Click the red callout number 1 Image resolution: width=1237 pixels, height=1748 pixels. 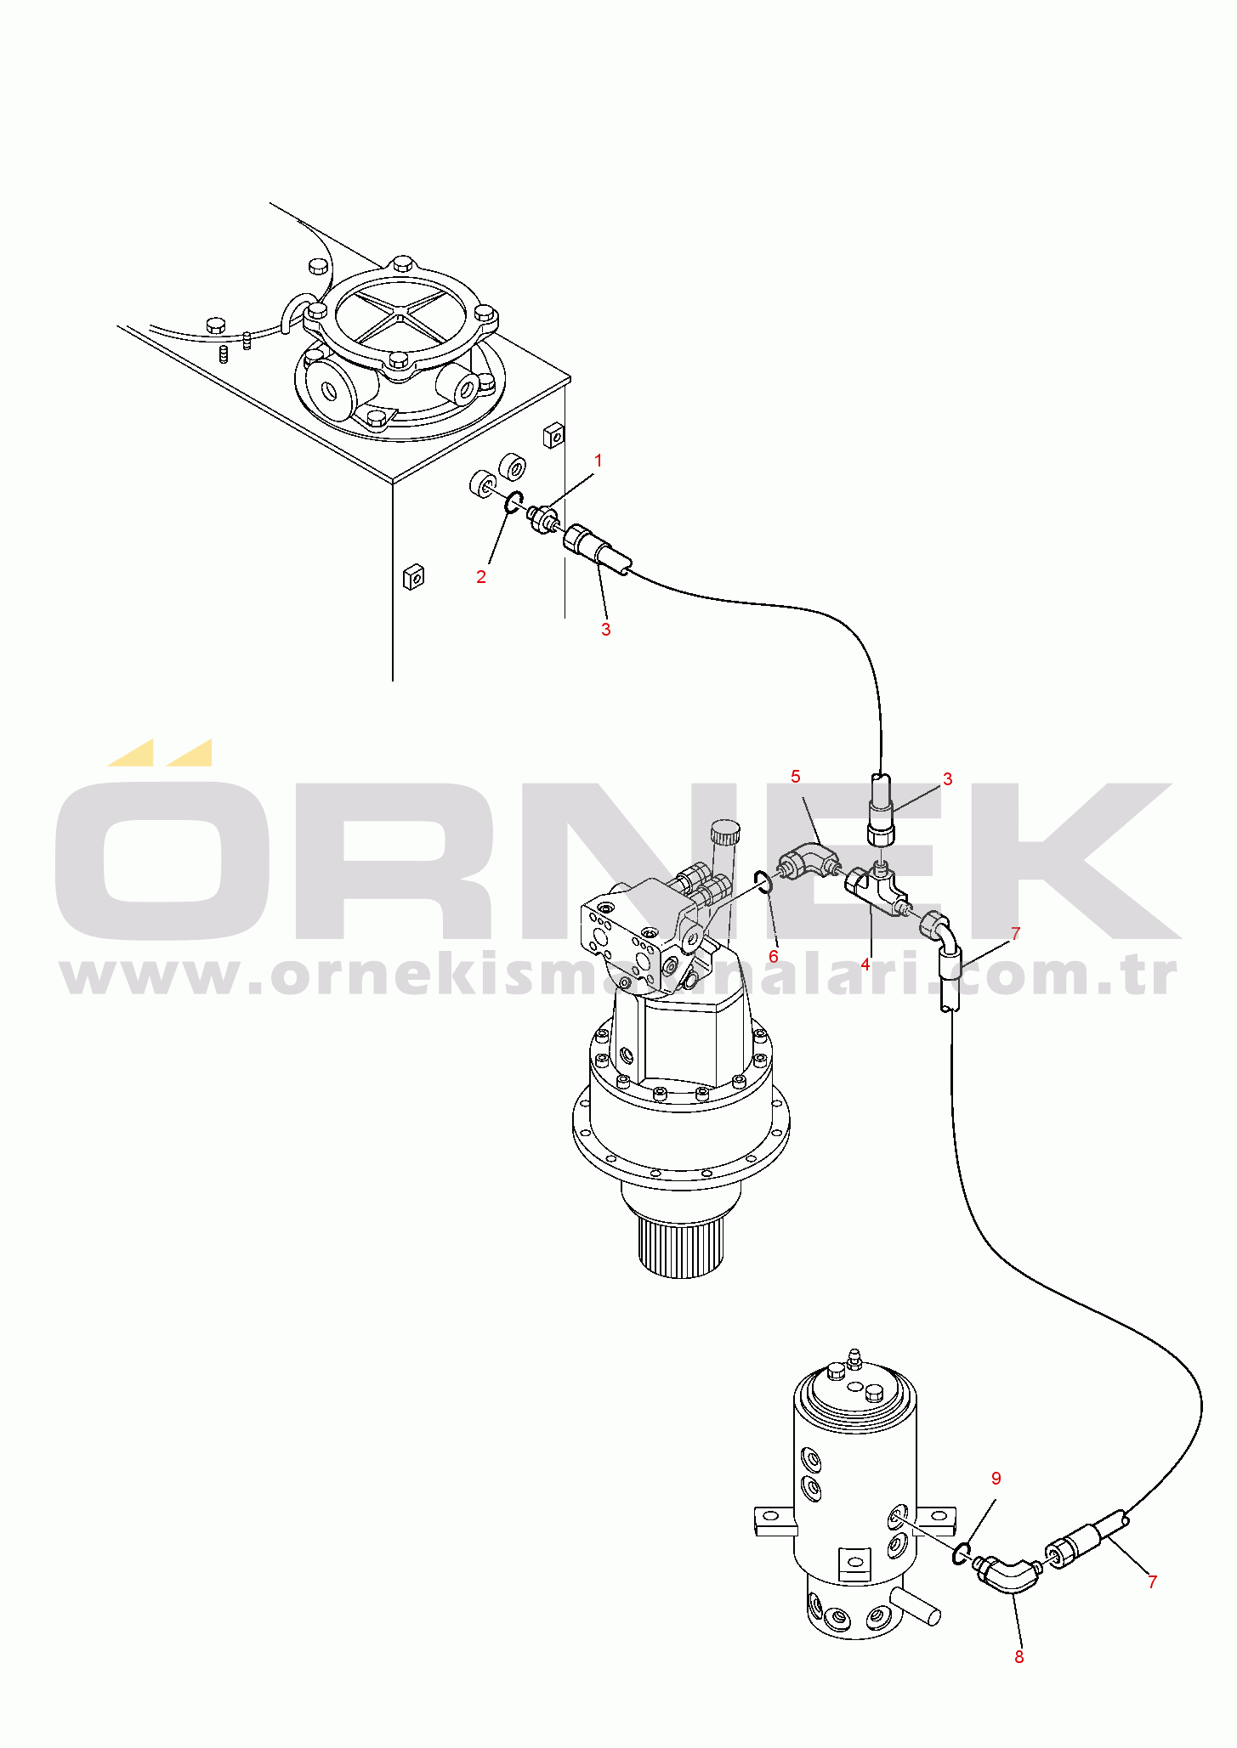click(598, 461)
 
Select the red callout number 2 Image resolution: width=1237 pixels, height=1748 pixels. click(481, 576)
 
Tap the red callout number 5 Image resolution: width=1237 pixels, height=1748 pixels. click(796, 776)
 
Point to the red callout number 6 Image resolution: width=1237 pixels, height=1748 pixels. click(773, 956)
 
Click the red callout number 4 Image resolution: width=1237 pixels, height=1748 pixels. click(865, 964)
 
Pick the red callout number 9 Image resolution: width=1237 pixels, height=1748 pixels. click(996, 1478)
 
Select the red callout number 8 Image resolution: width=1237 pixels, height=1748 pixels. click(1019, 1656)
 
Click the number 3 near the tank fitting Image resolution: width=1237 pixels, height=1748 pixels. click(605, 629)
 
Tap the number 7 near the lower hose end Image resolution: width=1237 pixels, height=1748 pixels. click(1153, 1581)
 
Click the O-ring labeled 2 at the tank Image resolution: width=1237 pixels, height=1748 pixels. click(513, 503)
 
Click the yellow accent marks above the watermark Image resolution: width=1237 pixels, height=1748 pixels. click(160, 752)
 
